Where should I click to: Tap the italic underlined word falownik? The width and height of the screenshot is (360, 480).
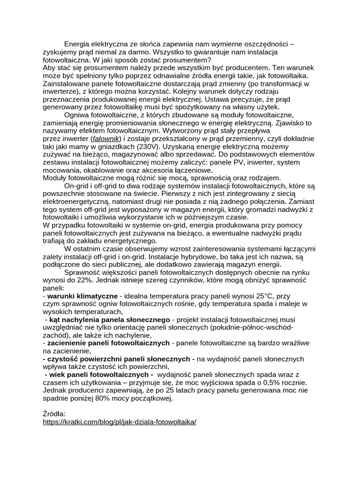105,139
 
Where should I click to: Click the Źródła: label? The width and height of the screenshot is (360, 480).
54,414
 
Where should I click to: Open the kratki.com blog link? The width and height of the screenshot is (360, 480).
120,422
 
